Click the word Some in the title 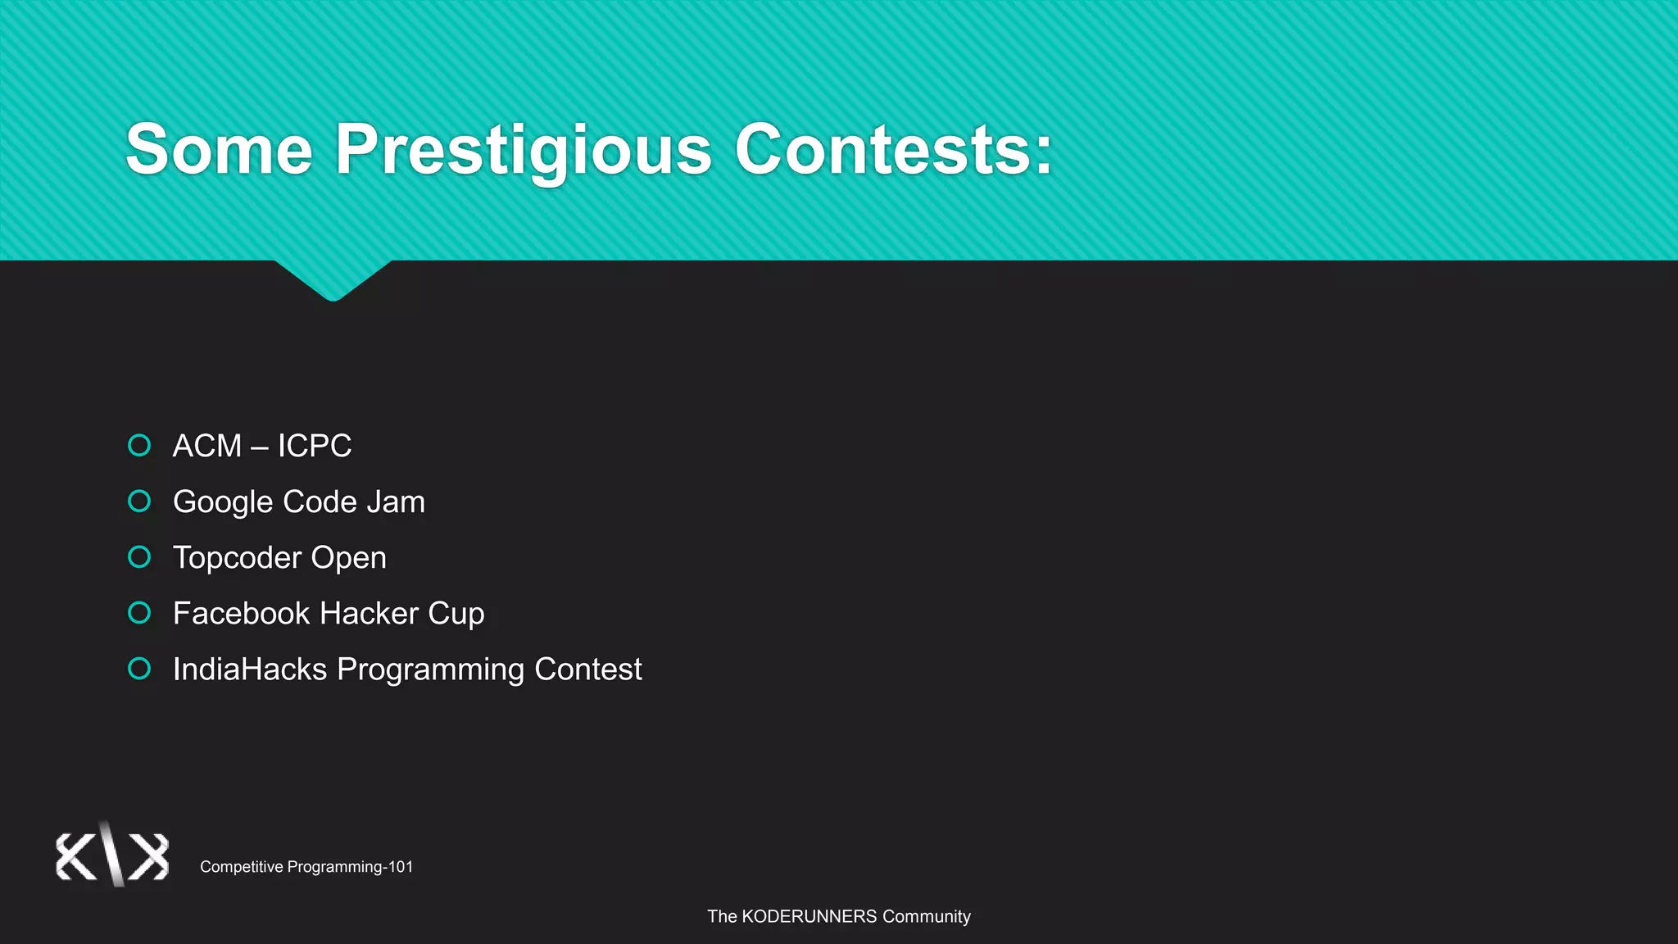(x=219, y=149)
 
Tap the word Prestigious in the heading (x=524, y=149)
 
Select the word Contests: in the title (x=893, y=149)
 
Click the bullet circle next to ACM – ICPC (x=140, y=445)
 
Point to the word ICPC (x=314, y=446)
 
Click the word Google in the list (x=222, y=501)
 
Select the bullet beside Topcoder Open (x=140, y=557)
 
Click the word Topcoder (x=237, y=558)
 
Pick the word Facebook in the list (x=241, y=613)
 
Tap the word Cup (x=456, y=614)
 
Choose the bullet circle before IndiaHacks (x=140, y=669)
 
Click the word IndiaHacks (x=250, y=669)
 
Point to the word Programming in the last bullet (x=431, y=669)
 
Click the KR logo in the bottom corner (x=112, y=855)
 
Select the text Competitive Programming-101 (x=306, y=867)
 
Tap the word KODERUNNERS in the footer (x=809, y=916)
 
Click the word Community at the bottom (x=926, y=916)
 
